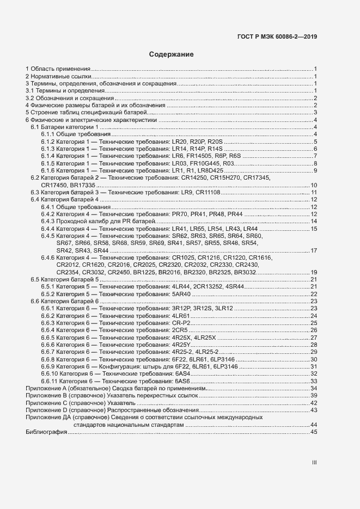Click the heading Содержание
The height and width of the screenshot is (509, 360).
click(x=171, y=55)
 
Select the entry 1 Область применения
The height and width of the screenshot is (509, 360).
click(x=58, y=69)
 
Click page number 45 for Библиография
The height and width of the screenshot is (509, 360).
click(x=314, y=432)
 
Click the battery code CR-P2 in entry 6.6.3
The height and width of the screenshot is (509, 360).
click(x=179, y=323)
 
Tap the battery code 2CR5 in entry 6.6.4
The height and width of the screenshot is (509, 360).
click(x=179, y=330)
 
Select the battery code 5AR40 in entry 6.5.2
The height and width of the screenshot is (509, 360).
click(x=180, y=293)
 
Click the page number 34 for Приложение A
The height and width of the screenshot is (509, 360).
click(x=314, y=388)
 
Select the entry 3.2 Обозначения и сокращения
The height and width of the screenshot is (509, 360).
click(x=70, y=98)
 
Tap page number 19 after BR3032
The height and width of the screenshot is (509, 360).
click(x=314, y=272)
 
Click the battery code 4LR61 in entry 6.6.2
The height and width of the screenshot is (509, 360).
click(x=180, y=316)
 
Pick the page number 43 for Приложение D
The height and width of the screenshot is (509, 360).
click(x=314, y=410)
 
